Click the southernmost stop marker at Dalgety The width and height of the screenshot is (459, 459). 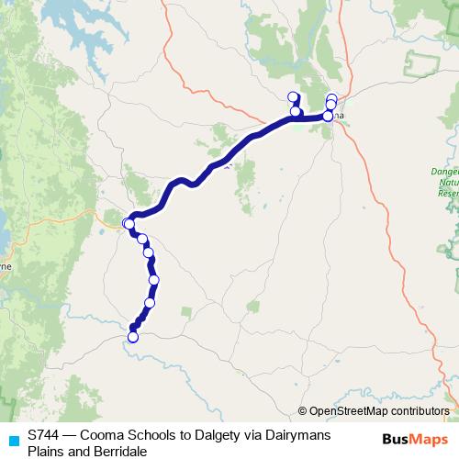[x=132, y=337]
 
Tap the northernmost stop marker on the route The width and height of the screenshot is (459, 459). [x=293, y=96]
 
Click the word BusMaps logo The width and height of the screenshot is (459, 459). [x=414, y=440]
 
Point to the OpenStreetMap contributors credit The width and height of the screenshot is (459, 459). [x=377, y=411]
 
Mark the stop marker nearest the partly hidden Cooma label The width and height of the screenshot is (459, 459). [x=328, y=116]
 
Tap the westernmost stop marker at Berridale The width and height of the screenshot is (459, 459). [x=128, y=223]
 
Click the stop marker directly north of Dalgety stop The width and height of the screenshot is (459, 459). [x=149, y=302]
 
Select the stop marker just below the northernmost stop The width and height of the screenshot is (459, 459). [x=296, y=112]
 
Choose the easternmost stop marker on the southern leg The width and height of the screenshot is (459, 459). [x=153, y=280]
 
